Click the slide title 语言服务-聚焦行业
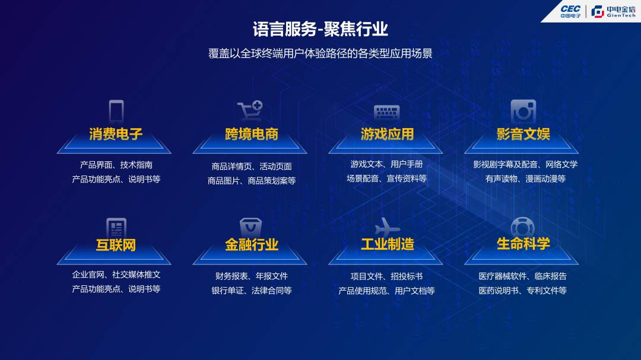pyautogui.click(x=320, y=29)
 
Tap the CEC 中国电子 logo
pyautogui.click(x=570, y=11)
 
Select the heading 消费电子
pyautogui.click(x=116, y=133)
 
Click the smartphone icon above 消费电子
pyautogui.click(x=116, y=111)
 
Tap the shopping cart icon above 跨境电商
pyautogui.click(x=250, y=110)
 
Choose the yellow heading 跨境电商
pyautogui.click(x=252, y=133)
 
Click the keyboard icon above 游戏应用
pyautogui.click(x=387, y=112)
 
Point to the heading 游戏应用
pyautogui.click(x=387, y=133)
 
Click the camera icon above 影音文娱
pyautogui.click(x=523, y=111)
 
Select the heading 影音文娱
pyautogui.click(x=523, y=133)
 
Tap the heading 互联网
pyautogui.click(x=116, y=245)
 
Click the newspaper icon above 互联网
pyautogui.click(x=116, y=227)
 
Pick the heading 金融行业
pyautogui.click(x=252, y=244)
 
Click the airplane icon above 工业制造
pyautogui.click(x=387, y=227)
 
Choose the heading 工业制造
pyautogui.click(x=387, y=244)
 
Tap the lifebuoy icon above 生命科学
pyautogui.click(x=522, y=227)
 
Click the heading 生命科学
pyautogui.click(x=523, y=244)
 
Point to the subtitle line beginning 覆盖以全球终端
pyautogui.click(x=320, y=53)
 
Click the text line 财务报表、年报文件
pyautogui.click(x=252, y=276)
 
